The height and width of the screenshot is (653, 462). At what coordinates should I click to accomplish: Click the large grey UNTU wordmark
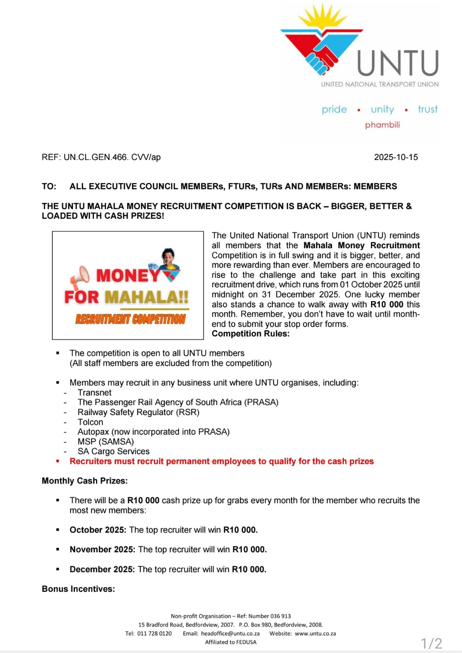click(398, 64)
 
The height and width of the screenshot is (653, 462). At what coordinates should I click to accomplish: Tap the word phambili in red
click(382, 125)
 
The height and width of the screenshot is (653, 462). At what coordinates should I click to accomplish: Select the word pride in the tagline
click(334, 109)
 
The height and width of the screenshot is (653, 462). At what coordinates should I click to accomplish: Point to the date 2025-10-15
click(396, 157)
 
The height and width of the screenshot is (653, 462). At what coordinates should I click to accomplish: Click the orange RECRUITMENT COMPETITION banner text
click(130, 319)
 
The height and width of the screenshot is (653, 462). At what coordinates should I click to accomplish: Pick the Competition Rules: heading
click(250, 334)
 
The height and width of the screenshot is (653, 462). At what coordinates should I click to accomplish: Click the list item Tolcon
click(90, 422)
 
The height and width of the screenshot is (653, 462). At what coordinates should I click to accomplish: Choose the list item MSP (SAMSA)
click(106, 442)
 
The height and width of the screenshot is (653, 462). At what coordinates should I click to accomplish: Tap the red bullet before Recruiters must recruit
click(58, 461)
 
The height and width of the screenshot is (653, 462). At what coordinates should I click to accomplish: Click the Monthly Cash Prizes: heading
click(85, 481)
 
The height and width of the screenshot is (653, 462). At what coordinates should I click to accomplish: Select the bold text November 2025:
click(102, 549)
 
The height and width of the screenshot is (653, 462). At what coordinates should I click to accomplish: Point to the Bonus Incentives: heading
click(78, 589)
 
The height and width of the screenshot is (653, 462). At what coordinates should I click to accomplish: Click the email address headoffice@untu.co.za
click(230, 633)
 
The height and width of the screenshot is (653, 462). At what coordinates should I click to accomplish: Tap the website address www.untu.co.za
click(315, 633)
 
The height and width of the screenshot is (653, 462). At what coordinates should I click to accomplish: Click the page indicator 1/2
click(431, 644)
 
